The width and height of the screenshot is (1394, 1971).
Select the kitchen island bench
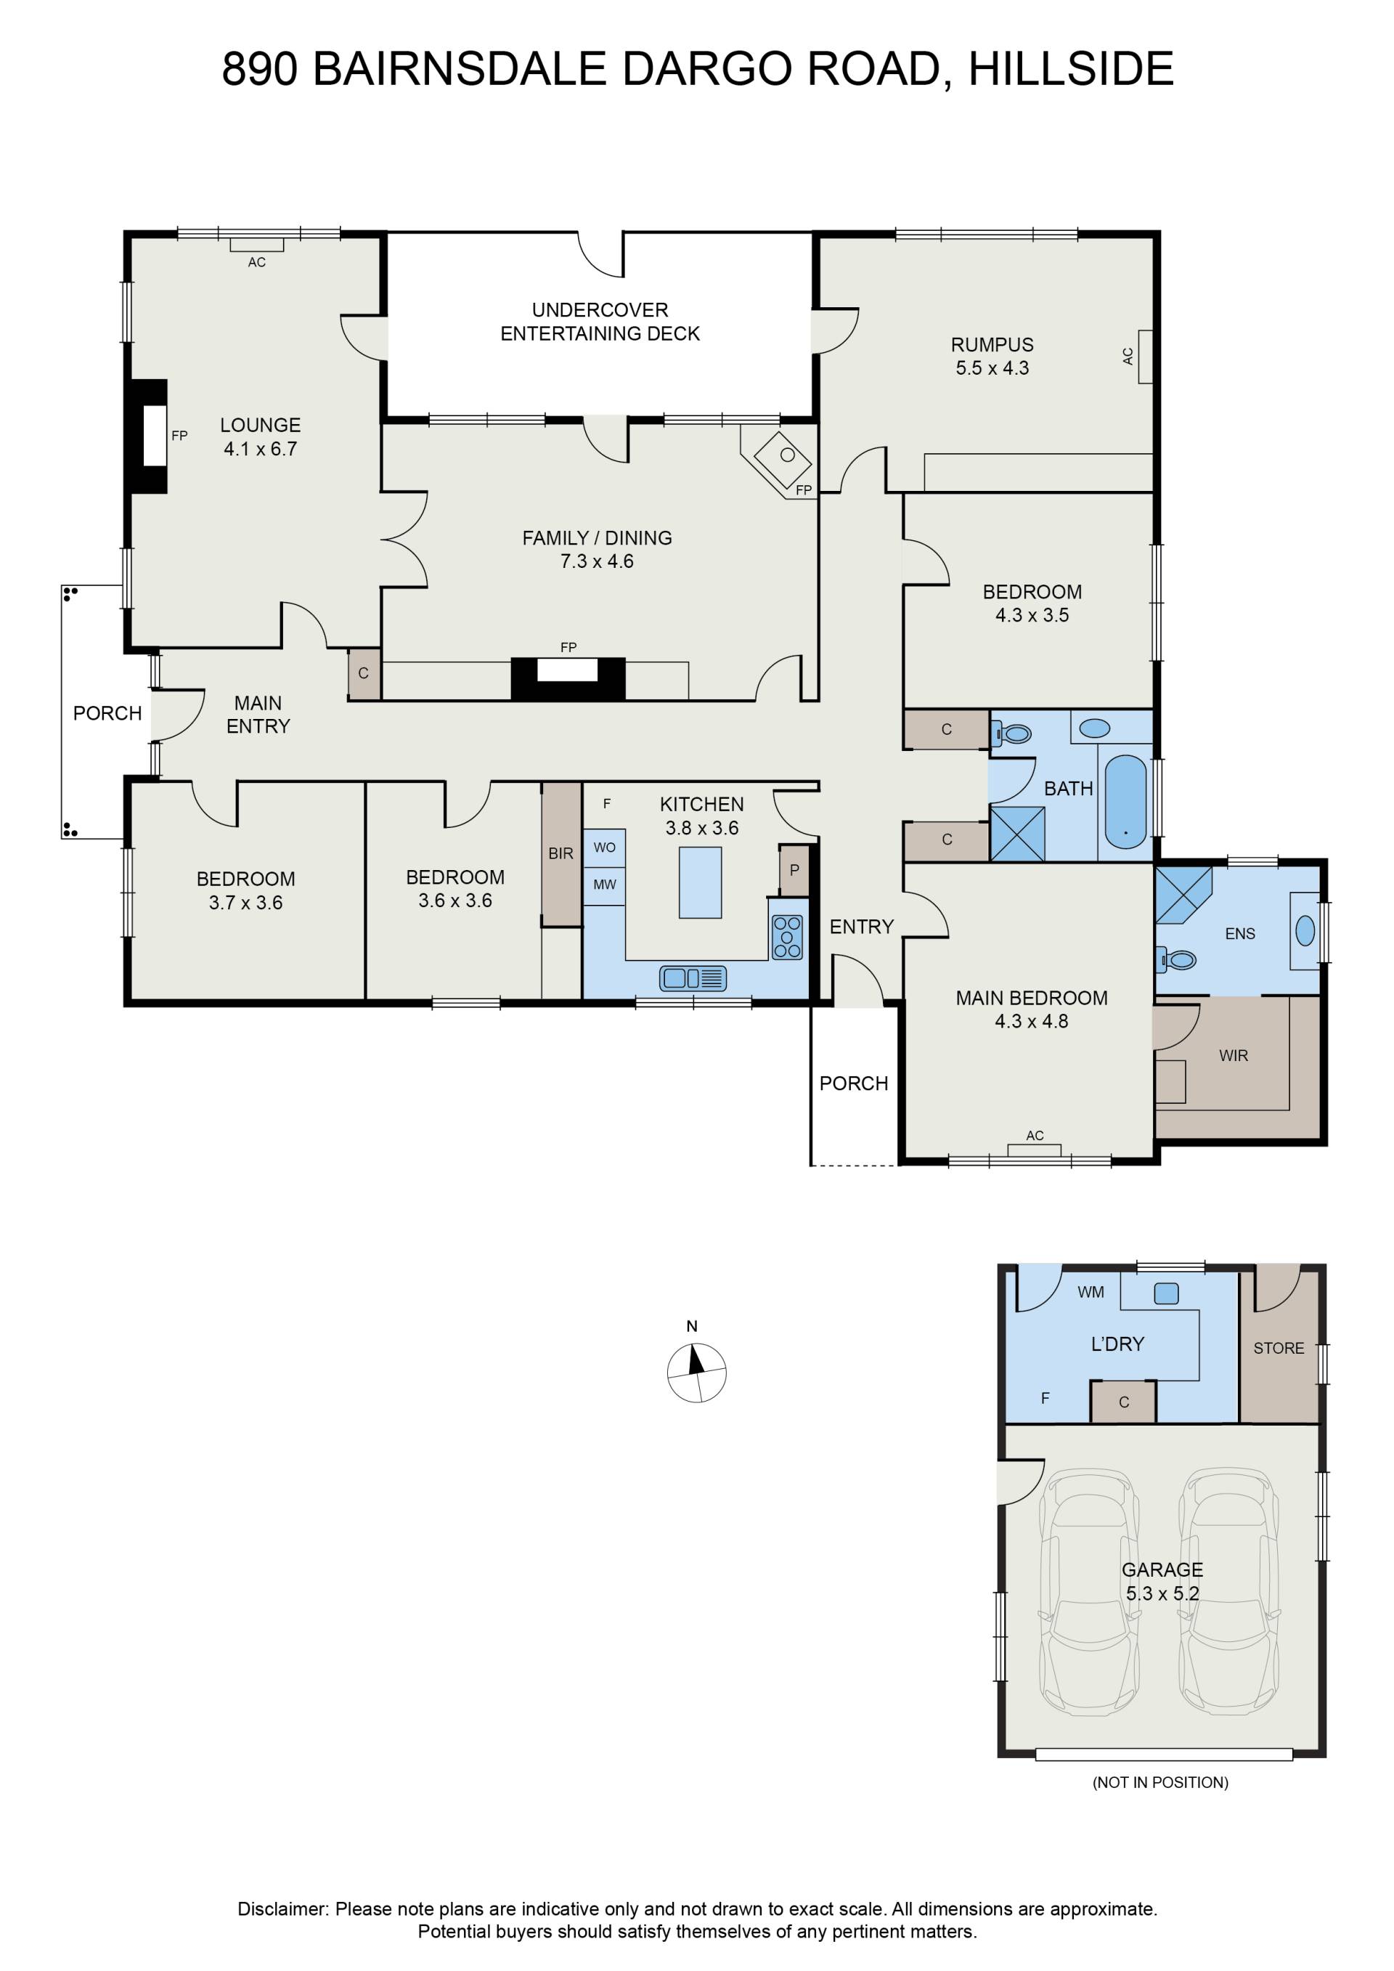(701, 882)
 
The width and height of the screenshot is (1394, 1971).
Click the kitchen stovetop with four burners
(787, 937)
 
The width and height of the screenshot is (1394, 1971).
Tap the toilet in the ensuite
(1177, 959)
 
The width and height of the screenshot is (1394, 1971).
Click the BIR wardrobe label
(561, 853)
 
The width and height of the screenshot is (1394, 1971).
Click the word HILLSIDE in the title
(1071, 70)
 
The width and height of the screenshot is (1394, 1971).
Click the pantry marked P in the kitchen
(794, 871)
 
